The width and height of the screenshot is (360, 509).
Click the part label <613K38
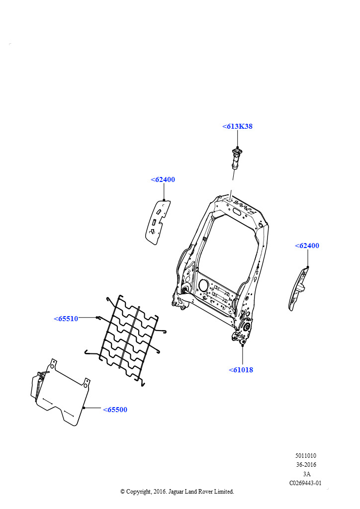tap(237, 126)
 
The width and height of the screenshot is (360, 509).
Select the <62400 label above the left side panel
tap(163, 179)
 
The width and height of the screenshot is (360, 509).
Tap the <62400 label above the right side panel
tap(307, 246)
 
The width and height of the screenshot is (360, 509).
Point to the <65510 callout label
tap(66, 319)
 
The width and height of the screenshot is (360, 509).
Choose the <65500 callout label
tap(115, 410)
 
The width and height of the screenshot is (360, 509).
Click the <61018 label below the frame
tap(241, 370)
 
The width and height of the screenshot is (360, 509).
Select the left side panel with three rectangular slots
tap(158, 222)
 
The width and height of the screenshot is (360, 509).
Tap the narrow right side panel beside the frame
tap(298, 289)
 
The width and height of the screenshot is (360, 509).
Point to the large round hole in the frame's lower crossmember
tap(203, 285)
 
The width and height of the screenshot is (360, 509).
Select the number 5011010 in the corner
tap(306, 456)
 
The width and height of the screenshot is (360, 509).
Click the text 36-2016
tap(306, 465)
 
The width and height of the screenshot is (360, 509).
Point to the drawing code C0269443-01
tap(305, 483)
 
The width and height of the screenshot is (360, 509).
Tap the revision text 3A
tap(307, 474)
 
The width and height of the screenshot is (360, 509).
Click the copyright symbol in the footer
tap(123, 492)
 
